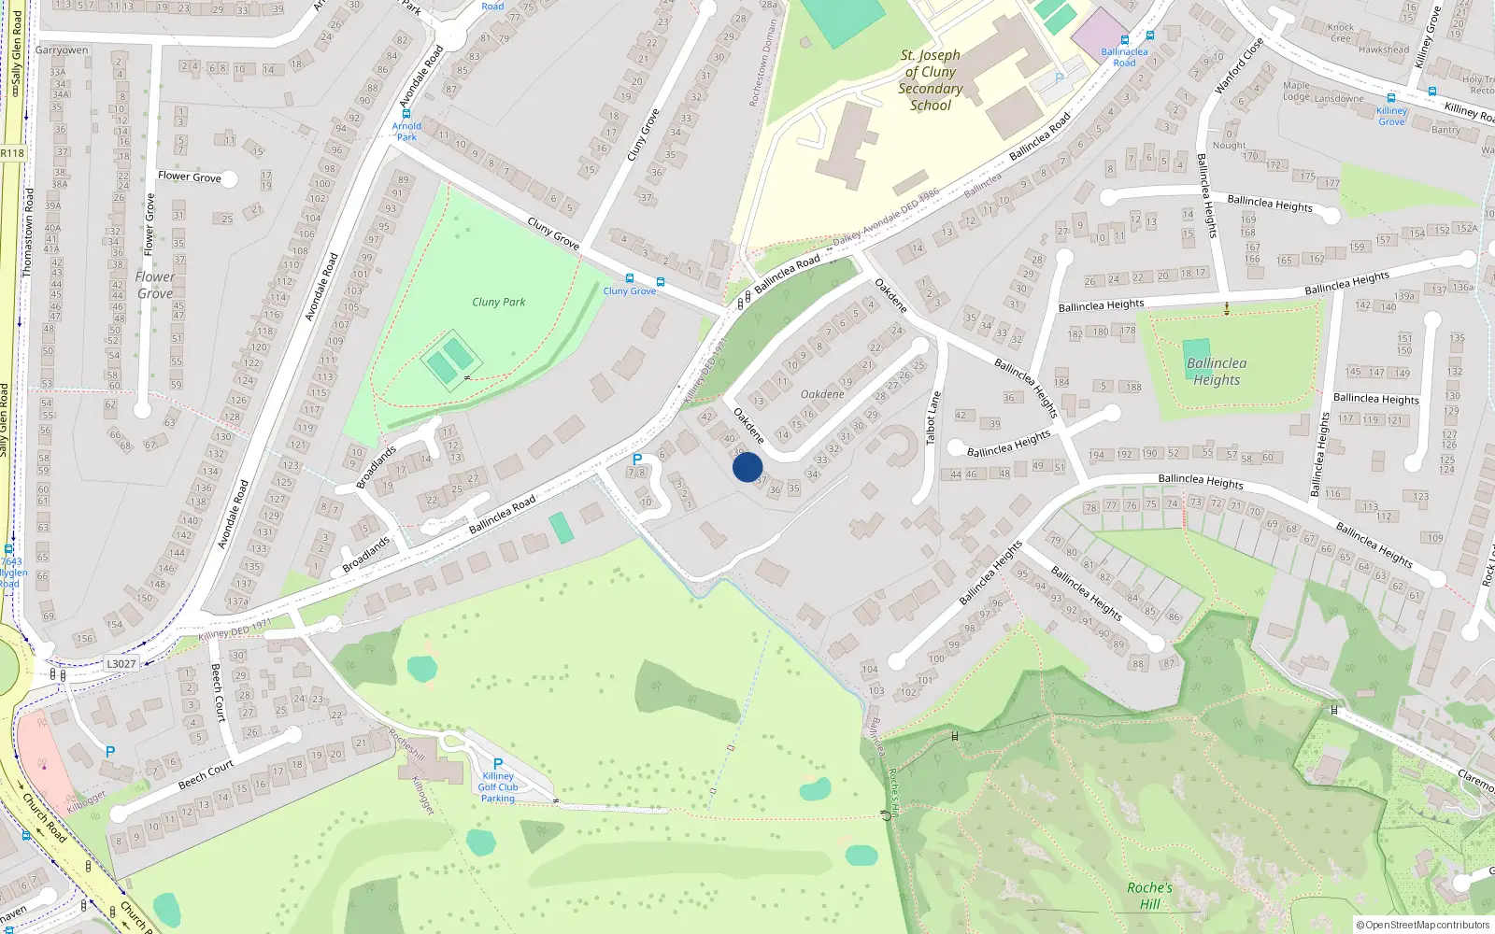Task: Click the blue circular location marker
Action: pyautogui.click(x=747, y=467)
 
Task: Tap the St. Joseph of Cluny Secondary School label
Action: pyautogui.click(x=931, y=80)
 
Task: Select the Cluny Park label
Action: pyautogui.click(x=498, y=302)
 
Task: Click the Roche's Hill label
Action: pyautogui.click(x=1149, y=895)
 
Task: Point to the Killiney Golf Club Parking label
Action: pyautogui.click(x=498, y=786)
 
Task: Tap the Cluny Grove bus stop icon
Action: pyautogui.click(x=630, y=278)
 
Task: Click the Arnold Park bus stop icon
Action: pyautogui.click(x=406, y=113)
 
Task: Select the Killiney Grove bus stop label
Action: pyautogui.click(x=1391, y=116)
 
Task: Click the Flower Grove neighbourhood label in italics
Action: pyautogui.click(x=155, y=285)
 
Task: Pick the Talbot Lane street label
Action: pyautogui.click(x=932, y=417)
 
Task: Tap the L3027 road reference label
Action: pyautogui.click(x=121, y=664)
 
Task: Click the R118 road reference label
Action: pyautogui.click(x=12, y=153)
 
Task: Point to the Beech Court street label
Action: pyautogui.click(x=206, y=774)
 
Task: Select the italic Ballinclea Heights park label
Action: pyautogui.click(x=1216, y=371)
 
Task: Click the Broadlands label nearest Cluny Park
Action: pyautogui.click(x=376, y=467)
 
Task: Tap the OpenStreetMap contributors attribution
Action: pyautogui.click(x=1422, y=925)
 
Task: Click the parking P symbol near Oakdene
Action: pyautogui.click(x=637, y=460)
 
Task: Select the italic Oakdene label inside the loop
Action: pyautogui.click(x=822, y=394)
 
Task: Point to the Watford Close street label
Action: pyautogui.click(x=1239, y=65)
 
